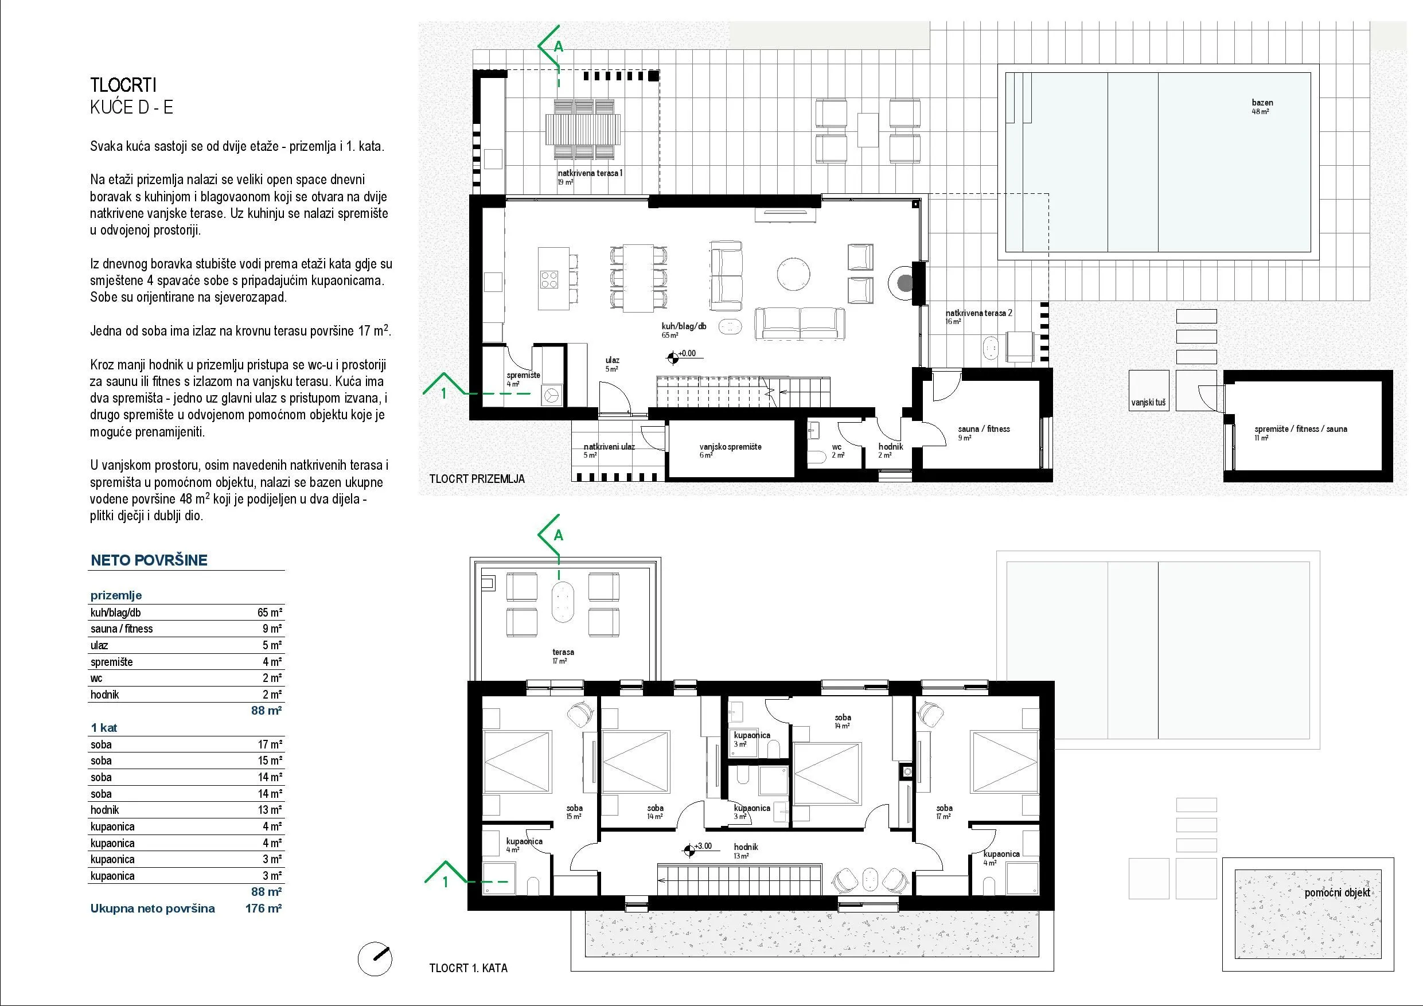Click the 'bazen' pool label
click(x=1262, y=103)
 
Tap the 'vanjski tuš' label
click(x=1148, y=403)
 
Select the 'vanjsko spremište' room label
click(x=730, y=447)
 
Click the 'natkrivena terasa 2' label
click(x=978, y=313)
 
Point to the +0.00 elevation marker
click(x=672, y=357)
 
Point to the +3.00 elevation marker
click(x=688, y=850)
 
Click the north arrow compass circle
click(x=375, y=959)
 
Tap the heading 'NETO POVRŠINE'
click(x=149, y=560)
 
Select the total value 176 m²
click(x=264, y=908)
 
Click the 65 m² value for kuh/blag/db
click(x=270, y=613)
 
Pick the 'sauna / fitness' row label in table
click(x=122, y=629)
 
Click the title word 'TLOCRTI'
click(x=123, y=85)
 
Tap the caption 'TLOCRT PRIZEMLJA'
click(x=477, y=478)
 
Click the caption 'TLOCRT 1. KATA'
click(x=468, y=968)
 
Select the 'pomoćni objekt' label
click(x=1338, y=893)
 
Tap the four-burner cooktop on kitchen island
click(x=115, y=280)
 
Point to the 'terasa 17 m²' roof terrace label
click(x=563, y=656)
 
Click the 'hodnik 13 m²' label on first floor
click(x=745, y=851)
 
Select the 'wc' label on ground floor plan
click(x=837, y=447)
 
